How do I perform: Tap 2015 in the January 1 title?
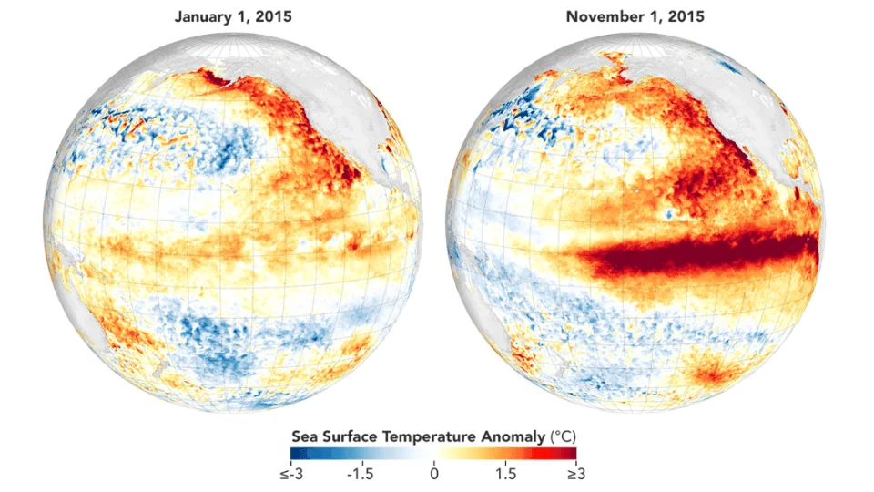pos(273,16)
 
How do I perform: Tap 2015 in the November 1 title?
pos(686,16)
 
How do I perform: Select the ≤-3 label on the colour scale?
pos(291,474)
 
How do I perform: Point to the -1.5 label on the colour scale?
pos(361,474)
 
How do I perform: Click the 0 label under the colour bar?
pos(434,474)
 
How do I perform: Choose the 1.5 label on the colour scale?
pos(505,474)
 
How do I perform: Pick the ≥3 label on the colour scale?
pos(576,474)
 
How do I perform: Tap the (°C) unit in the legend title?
pos(563,436)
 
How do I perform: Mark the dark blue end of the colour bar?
pos(294,453)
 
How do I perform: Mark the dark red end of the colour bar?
pos(573,453)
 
